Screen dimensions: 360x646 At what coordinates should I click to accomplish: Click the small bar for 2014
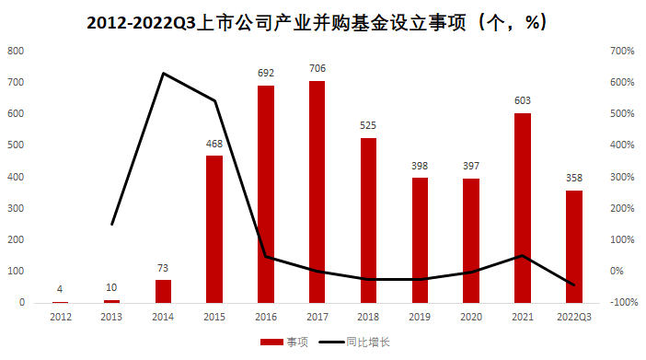163,291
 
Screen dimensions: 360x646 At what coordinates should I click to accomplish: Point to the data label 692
266,72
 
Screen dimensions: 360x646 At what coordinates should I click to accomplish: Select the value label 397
471,165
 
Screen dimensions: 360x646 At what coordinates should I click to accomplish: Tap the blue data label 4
60,288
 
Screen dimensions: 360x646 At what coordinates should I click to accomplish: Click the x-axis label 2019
420,317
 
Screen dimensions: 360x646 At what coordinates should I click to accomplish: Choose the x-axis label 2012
60,317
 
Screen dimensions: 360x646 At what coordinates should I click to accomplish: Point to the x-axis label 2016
266,317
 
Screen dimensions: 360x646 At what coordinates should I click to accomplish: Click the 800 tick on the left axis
16,52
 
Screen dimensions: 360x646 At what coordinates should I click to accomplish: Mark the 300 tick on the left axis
16,208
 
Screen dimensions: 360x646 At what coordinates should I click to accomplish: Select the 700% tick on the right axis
623,52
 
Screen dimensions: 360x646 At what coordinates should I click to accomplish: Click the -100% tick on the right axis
623,302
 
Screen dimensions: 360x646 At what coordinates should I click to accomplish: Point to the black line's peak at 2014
163,74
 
